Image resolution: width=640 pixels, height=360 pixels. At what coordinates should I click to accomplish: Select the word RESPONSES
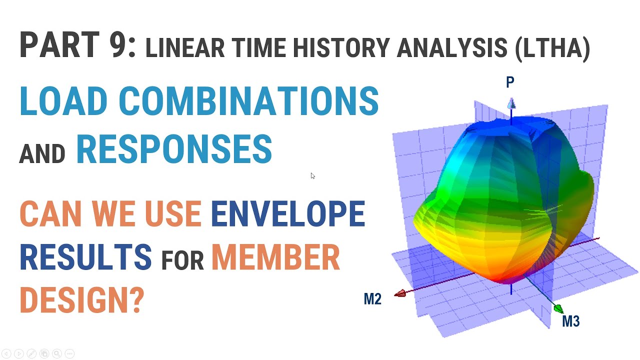pyautogui.click(x=174, y=149)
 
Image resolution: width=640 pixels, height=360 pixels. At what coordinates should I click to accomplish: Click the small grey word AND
pyautogui.click(x=42, y=154)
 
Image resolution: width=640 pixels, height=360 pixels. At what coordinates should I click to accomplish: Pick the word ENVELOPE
pyautogui.click(x=288, y=214)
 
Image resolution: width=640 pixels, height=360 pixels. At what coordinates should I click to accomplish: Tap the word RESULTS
pyautogui.click(x=85, y=257)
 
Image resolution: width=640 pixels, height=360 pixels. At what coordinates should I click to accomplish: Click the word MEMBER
pyautogui.click(x=275, y=257)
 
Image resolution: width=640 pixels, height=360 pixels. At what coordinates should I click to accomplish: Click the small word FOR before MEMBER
pyautogui.click(x=182, y=261)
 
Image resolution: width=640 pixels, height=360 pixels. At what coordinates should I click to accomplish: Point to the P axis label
pyautogui.click(x=510, y=82)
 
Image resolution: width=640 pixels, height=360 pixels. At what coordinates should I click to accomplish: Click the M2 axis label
pyautogui.click(x=372, y=299)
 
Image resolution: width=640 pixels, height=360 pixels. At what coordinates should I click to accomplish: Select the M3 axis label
pyautogui.click(x=570, y=321)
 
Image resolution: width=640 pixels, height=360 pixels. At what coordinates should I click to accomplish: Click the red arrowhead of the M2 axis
pyautogui.click(x=400, y=294)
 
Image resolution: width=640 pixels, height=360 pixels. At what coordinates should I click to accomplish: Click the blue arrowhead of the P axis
pyautogui.click(x=511, y=103)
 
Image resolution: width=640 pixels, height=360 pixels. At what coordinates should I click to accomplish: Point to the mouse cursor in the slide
pyautogui.click(x=312, y=175)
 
